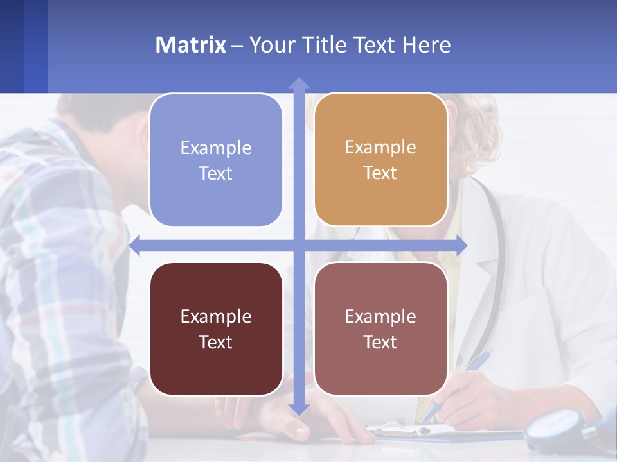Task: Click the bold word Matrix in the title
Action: click(x=190, y=45)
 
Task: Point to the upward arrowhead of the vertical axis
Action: click(x=299, y=83)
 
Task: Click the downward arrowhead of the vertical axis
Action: click(x=299, y=409)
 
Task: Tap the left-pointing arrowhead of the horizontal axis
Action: click(x=136, y=245)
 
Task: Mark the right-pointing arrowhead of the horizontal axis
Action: click(x=461, y=245)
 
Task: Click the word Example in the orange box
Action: click(x=380, y=147)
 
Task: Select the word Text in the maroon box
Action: click(x=215, y=342)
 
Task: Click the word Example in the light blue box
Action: click(x=216, y=148)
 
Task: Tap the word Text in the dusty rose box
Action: click(x=380, y=342)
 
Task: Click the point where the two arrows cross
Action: click(x=299, y=245)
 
